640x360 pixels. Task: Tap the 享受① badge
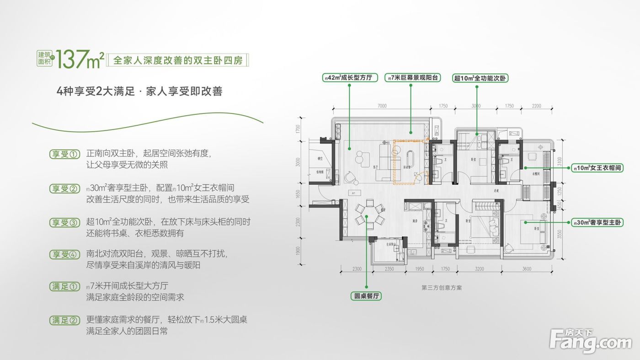pyautogui.click(x=65, y=154)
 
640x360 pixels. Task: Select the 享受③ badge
pyautogui.click(x=65, y=222)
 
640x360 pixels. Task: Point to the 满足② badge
pyautogui.click(x=65, y=320)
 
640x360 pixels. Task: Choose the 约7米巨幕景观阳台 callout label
pyautogui.click(x=412, y=78)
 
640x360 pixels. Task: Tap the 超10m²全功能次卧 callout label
pyautogui.click(x=480, y=78)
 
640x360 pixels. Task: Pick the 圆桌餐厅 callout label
pyautogui.click(x=367, y=296)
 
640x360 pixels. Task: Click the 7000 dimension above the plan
pyautogui.click(x=382, y=106)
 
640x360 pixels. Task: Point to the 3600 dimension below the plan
pyautogui.click(x=527, y=269)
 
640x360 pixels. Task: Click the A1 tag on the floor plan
pyautogui.click(x=354, y=193)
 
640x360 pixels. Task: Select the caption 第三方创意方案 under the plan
pyautogui.click(x=442, y=288)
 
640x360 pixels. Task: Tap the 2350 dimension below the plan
pyautogui.click(x=389, y=269)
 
